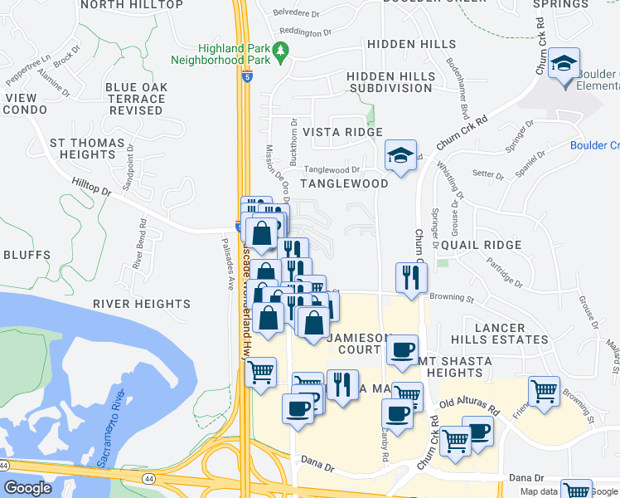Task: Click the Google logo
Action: (x=27, y=488)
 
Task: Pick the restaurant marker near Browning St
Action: (x=409, y=277)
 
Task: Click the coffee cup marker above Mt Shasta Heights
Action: (x=402, y=350)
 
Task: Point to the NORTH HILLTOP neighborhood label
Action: (x=133, y=5)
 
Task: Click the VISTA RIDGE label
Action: (x=342, y=132)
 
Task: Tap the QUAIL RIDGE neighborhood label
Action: (x=482, y=246)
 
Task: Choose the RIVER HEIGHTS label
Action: (x=131, y=305)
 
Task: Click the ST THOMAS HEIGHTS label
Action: (x=81, y=149)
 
